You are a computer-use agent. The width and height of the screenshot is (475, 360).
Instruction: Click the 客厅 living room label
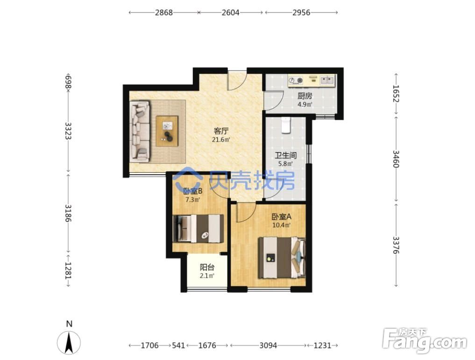pos(221,131)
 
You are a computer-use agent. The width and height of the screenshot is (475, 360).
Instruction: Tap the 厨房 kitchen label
pos(305,96)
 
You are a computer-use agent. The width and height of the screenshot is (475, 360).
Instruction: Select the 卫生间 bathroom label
pos(286,155)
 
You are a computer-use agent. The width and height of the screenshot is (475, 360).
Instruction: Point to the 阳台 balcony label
pos(207,268)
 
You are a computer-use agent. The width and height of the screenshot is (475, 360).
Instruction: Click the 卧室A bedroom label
pos(282,217)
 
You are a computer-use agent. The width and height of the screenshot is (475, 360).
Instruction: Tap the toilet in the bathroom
pos(286,125)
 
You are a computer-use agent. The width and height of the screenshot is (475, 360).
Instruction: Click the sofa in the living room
pos(140,131)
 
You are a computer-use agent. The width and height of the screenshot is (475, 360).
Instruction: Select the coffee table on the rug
pos(167,131)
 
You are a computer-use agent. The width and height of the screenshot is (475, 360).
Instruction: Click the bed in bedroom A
pos(282,258)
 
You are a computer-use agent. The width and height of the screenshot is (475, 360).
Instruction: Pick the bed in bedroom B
pos(198,228)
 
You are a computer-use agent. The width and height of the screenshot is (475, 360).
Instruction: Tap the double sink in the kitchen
pos(327,80)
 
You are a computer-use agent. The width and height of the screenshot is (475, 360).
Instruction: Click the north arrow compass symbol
pos(69,342)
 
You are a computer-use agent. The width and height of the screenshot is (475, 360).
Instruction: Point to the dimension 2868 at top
pos(163,13)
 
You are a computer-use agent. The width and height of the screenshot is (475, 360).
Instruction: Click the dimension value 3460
pos(396,159)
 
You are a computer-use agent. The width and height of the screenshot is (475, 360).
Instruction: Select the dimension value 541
pos(178,345)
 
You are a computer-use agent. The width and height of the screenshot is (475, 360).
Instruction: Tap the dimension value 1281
pos(69,270)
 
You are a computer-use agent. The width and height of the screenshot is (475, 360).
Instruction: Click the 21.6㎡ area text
pos(221,140)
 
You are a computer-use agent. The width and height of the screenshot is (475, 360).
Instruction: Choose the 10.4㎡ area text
pos(282,225)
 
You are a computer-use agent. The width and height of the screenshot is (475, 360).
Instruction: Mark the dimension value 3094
pos(268,345)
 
